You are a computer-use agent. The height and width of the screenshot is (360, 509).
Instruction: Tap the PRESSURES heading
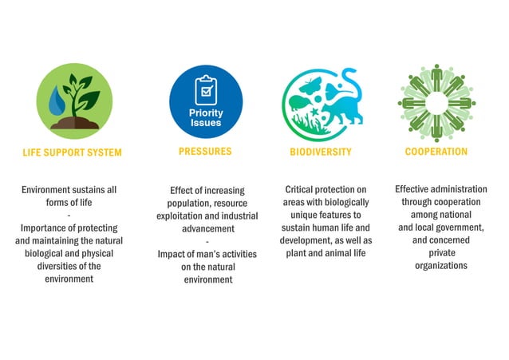(205, 151)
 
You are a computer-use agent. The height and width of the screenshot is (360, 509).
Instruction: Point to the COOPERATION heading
(436, 151)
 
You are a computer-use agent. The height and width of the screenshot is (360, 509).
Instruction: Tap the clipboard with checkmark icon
(206, 89)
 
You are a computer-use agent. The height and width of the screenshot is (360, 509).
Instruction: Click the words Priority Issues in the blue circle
(206, 118)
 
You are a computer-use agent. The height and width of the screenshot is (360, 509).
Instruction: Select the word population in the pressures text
(191, 204)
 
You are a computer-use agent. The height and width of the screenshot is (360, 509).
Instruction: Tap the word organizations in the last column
(440, 266)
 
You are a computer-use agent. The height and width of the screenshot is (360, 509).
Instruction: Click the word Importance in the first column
(45, 228)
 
